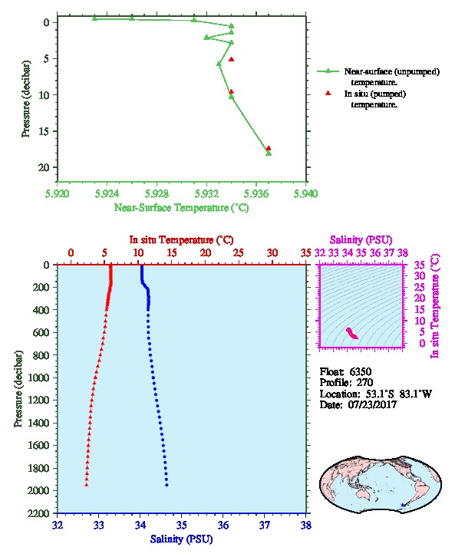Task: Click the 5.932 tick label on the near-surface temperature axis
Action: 206,194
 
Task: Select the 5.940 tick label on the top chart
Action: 306,194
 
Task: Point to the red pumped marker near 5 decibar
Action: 231,59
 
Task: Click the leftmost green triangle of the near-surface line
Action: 94,18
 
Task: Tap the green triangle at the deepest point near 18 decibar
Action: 269,153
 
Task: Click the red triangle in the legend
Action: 328,93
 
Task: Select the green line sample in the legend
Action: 328,71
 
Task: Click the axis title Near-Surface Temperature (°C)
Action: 181,208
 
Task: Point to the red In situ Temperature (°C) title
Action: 181,240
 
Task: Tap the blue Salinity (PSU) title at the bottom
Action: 182,539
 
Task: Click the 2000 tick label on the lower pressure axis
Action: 39,490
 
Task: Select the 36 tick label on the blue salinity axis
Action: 223,525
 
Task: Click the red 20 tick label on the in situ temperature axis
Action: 206,253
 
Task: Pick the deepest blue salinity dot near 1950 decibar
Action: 167,485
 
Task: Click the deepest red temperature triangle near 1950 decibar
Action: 86,485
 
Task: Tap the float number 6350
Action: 360,372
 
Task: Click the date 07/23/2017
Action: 372,404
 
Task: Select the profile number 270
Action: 364,383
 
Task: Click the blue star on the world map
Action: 402,505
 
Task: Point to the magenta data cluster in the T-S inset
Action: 351,333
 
